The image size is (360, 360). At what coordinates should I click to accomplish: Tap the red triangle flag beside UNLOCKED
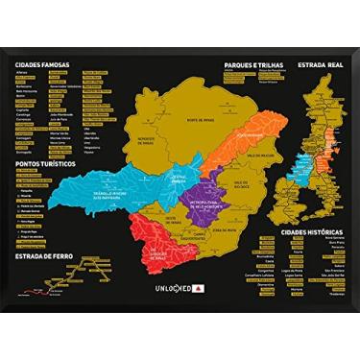[197, 287]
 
